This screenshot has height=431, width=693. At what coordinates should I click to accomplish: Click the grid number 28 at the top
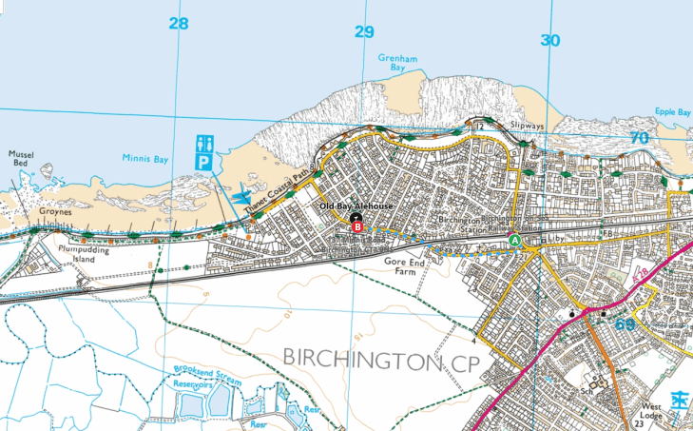coord(178,24)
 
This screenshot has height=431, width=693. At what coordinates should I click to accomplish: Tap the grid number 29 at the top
coord(364,31)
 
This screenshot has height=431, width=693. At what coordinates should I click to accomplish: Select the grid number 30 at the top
coord(550,40)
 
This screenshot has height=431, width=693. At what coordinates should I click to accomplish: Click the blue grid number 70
coord(639,138)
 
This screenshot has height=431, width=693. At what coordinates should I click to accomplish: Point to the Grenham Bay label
coord(398,63)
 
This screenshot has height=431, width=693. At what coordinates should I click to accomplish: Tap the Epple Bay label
coord(672,112)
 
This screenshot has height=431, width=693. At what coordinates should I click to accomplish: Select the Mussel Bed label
coord(21,159)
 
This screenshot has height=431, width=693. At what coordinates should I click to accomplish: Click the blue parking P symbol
coord(203,163)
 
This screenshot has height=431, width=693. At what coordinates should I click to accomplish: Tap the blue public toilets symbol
coord(203,144)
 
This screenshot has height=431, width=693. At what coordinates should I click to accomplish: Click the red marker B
coord(357,226)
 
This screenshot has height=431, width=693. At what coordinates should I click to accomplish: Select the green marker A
coord(515,242)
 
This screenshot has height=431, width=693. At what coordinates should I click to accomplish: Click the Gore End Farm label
coord(401,265)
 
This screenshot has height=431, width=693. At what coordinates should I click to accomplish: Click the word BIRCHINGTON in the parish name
coord(357,359)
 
